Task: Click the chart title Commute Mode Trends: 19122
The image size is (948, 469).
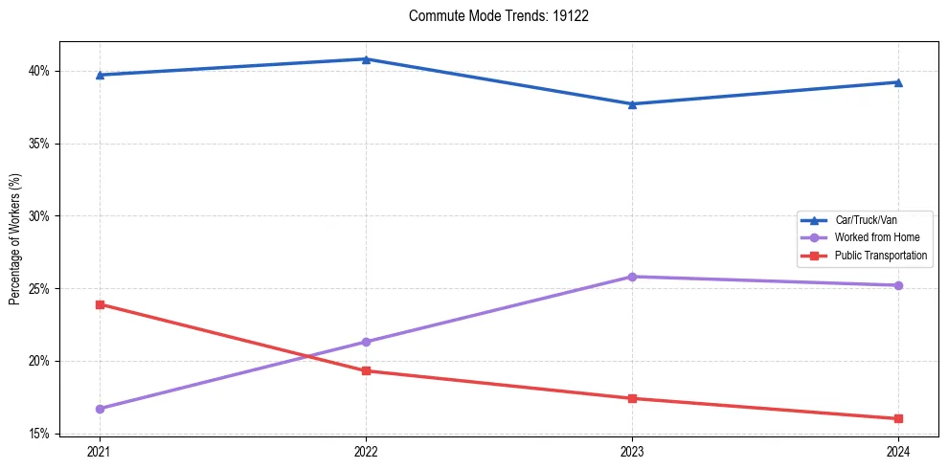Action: tap(491, 16)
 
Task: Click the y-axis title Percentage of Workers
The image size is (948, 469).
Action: tap(15, 239)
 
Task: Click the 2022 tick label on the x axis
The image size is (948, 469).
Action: tap(366, 451)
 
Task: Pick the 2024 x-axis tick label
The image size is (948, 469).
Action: tap(897, 451)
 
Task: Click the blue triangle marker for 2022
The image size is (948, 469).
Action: tap(366, 59)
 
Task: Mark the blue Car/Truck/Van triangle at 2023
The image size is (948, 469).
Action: tap(632, 104)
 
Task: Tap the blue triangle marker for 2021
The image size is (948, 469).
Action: tap(100, 75)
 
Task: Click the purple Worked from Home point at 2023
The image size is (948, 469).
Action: tap(632, 277)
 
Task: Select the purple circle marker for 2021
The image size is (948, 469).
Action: tap(100, 409)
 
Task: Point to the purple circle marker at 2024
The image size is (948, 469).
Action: tap(897, 285)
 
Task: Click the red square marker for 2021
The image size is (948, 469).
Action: tap(100, 304)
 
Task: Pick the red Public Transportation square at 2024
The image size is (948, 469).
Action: tap(897, 418)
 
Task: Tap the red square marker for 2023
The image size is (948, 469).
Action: tap(632, 398)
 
